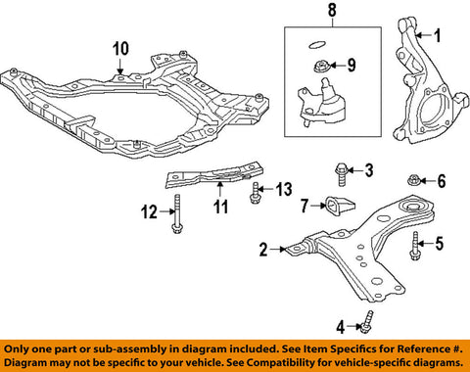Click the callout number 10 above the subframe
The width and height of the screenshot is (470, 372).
(x=120, y=49)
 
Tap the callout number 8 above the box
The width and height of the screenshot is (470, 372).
(x=332, y=10)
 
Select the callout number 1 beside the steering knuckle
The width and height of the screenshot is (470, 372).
(x=437, y=35)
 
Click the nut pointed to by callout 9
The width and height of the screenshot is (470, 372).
(x=321, y=67)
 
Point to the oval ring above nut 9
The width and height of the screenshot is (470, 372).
(x=316, y=45)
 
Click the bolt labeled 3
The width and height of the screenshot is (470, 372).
(x=342, y=174)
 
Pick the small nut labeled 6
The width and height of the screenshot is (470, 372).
(x=414, y=179)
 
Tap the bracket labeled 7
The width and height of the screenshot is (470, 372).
(x=340, y=207)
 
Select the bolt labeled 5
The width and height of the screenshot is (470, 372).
(x=415, y=246)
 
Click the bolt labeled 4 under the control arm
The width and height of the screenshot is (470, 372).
(x=367, y=323)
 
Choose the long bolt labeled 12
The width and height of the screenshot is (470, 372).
(x=177, y=214)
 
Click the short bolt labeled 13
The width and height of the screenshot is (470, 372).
(x=256, y=193)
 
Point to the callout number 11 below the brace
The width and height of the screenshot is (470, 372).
(x=220, y=207)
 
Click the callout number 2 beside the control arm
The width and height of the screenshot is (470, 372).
(x=263, y=250)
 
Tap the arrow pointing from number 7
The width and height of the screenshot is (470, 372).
(x=318, y=206)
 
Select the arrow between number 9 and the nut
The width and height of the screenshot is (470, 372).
(x=338, y=66)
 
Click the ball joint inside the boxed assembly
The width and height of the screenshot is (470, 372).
(x=322, y=104)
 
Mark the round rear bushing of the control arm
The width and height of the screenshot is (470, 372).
(x=413, y=208)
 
